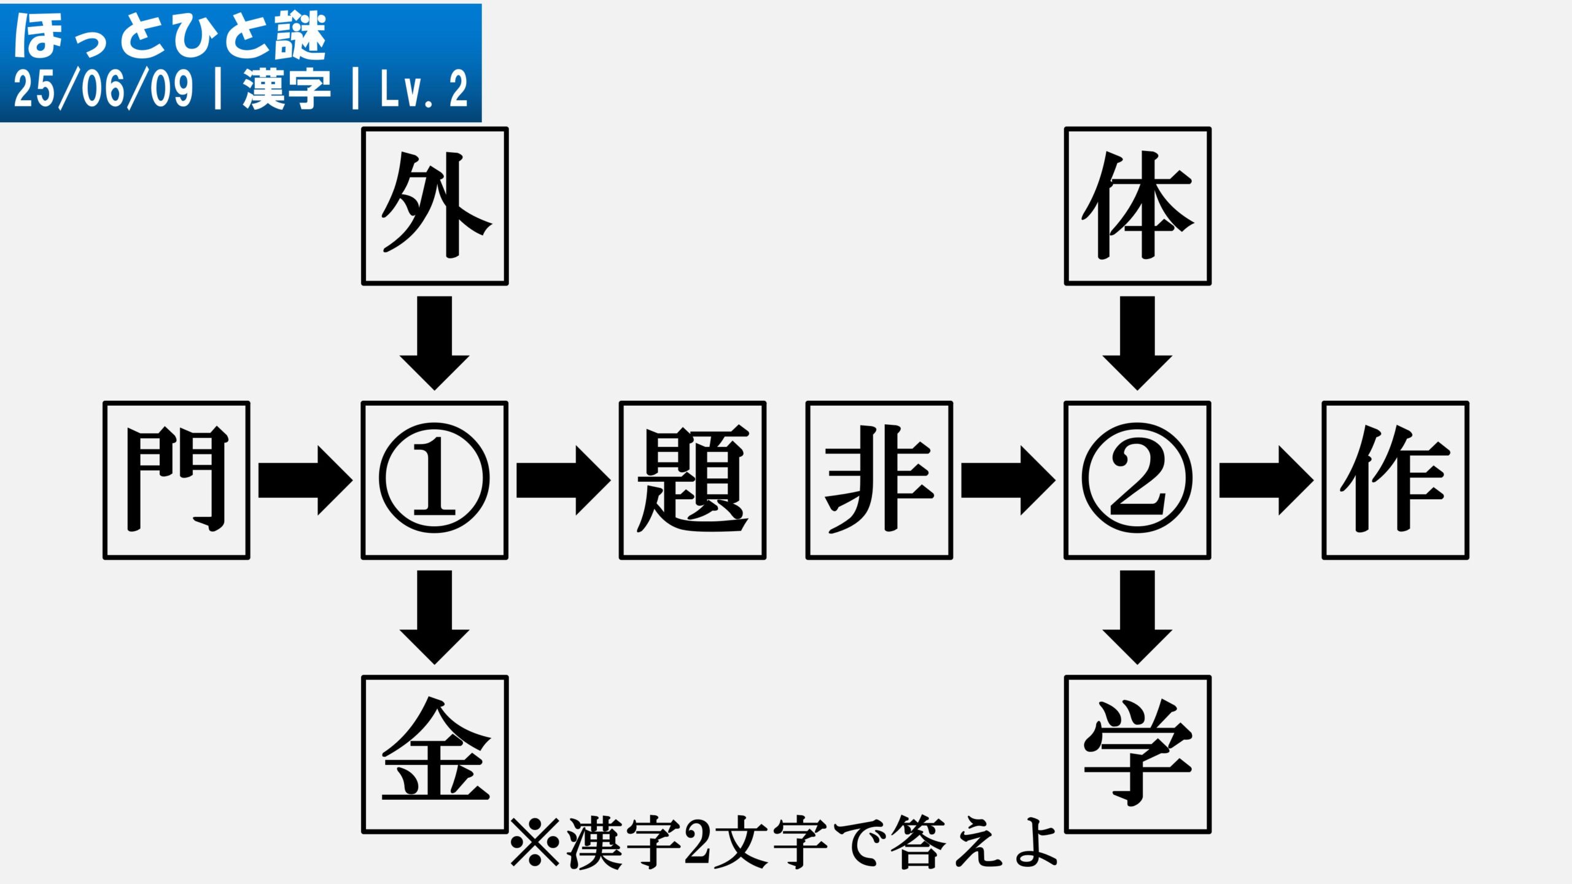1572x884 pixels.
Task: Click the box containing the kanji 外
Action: click(x=435, y=206)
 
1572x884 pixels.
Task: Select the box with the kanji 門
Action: click(x=176, y=480)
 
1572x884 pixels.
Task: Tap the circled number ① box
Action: click(x=435, y=480)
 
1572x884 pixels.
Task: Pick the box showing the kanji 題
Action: click(x=693, y=480)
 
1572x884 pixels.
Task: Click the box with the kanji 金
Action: click(x=435, y=754)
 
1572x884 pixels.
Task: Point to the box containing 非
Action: click(x=879, y=480)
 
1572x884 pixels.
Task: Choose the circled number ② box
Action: click(x=1137, y=480)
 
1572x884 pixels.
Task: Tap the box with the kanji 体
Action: click(x=1137, y=206)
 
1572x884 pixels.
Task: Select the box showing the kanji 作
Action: click(x=1395, y=480)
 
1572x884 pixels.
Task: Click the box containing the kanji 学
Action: click(x=1137, y=754)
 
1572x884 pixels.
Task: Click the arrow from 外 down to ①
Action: click(x=435, y=343)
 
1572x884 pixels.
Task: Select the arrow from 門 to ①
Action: click(x=306, y=480)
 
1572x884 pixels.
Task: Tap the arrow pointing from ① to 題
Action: click(x=564, y=480)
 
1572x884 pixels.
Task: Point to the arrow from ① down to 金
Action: click(x=435, y=618)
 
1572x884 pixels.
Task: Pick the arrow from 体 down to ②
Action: click(x=1137, y=343)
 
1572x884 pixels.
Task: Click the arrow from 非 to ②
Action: click(x=1008, y=480)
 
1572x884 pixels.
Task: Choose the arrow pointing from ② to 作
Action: click(x=1266, y=480)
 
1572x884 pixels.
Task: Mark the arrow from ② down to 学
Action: click(x=1137, y=618)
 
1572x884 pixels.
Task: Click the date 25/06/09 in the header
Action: click(x=103, y=90)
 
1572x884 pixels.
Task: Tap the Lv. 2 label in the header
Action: click(x=424, y=90)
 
